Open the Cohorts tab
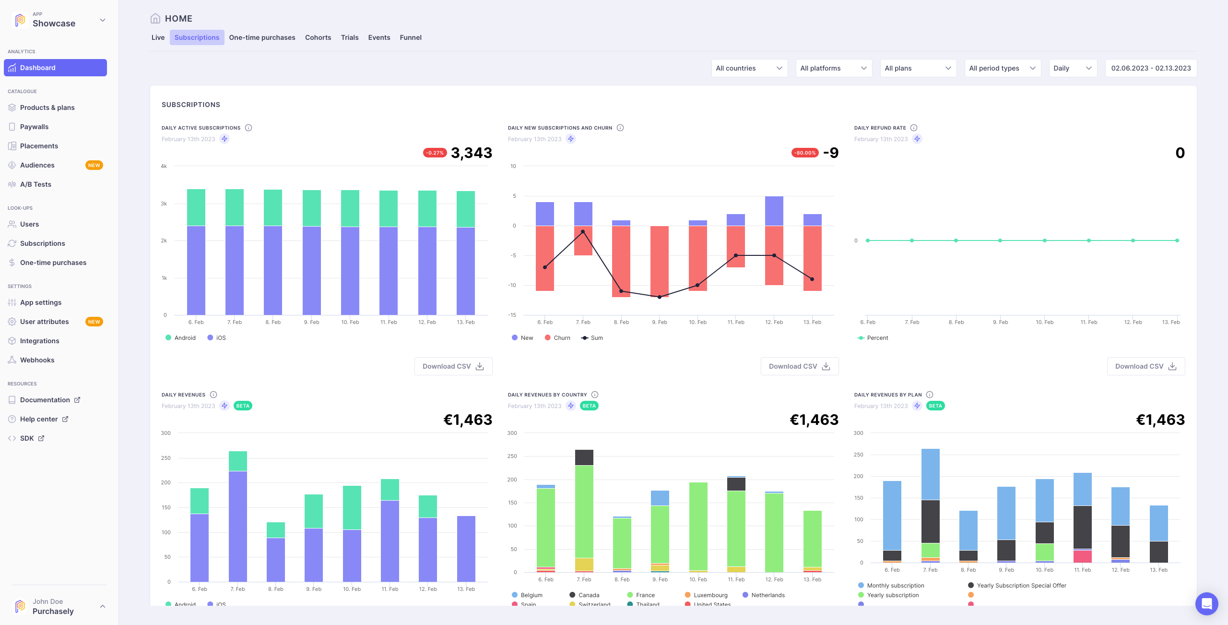click(318, 37)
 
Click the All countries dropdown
click(749, 68)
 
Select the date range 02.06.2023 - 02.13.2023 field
click(1150, 68)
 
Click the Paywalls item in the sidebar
click(34, 127)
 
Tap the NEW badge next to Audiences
click(94, 165)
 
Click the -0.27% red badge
click(435, 153)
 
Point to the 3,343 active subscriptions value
click(471, 153)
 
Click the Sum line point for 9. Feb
click(660, 297)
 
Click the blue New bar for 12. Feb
click(774, 211)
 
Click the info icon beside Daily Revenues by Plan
click(930, 395)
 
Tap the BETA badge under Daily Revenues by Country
click(589, 406)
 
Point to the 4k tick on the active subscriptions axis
click(164, 167)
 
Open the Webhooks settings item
click(37, 360)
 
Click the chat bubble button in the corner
click(1206, 603)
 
